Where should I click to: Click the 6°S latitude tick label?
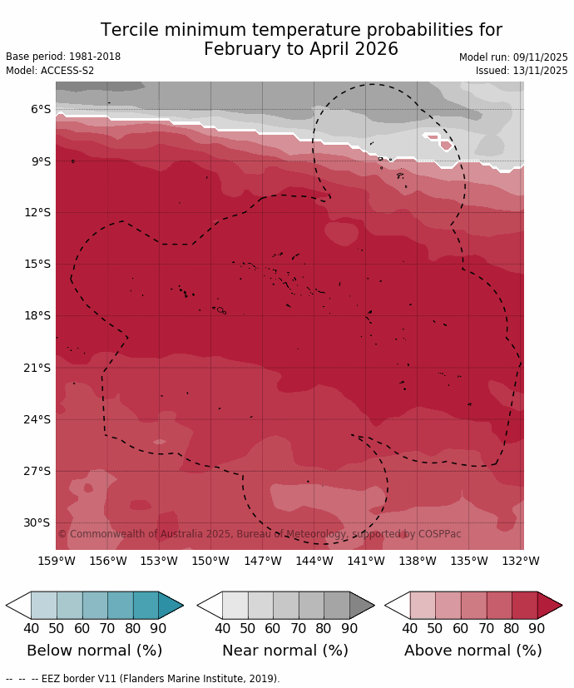tap(41, 109)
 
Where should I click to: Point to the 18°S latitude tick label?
tap(38, 315)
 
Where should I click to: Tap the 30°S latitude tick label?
tap(38, 522)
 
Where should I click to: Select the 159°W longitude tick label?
tap(56, 561)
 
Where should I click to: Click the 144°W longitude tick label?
tap(314, 561)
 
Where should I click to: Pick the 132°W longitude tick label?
tap(521, 561)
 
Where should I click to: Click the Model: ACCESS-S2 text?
tap(50, 71)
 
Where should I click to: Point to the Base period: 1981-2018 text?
tap(63, 57)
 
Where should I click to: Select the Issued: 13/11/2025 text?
tap(522, 71)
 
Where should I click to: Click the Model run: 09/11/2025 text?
tap(513, 57)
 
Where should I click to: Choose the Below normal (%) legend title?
tap(94, 651)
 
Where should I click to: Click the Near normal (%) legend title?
tap(285, 651)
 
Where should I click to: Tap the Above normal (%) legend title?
tap(473, 651)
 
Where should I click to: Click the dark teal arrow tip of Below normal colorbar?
tap(171, 605)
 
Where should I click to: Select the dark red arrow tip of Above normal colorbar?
tap(549, 605)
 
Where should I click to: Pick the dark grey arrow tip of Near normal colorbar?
tap(362, 605)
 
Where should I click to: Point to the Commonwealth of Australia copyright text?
tap(259, 534)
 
